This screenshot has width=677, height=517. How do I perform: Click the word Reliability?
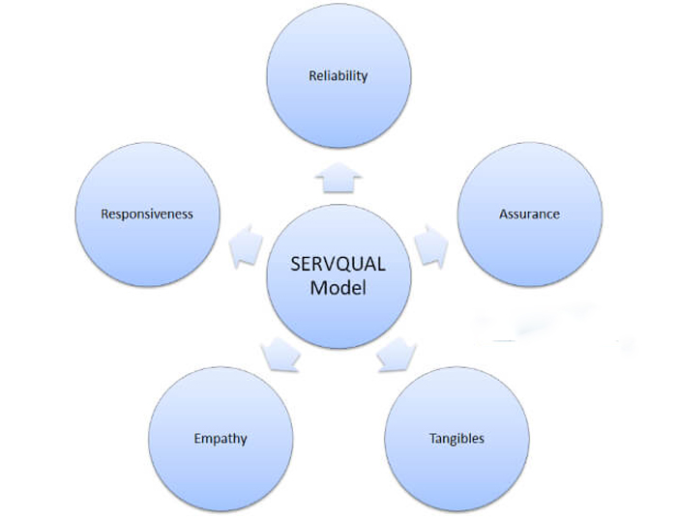(x=338, y=75)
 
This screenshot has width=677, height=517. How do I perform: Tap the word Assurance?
(x=529, y=214)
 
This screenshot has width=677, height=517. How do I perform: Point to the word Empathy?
(x=221, y=439)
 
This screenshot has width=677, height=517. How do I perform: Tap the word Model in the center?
(x=338, y=288)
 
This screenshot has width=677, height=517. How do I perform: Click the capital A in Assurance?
(x=503, y=214)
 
